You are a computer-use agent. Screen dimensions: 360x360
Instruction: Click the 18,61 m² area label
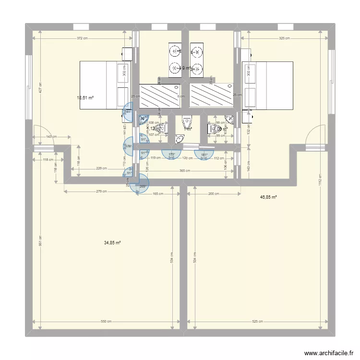[x=85, y=98]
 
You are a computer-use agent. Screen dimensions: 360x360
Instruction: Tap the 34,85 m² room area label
[x=112, y=243]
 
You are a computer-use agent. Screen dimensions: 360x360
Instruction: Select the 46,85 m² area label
[x=268, y=197]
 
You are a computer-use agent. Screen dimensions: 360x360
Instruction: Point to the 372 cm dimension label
[x=82, y=38]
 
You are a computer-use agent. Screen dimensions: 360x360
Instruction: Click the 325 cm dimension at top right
[x=284, y=38]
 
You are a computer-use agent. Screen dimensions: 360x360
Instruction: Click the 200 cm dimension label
[x=214, y=194]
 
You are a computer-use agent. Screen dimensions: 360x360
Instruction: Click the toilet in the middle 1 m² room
[x=187, y=123]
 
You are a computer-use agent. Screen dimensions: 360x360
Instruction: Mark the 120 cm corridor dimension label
[x=187, y=157]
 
